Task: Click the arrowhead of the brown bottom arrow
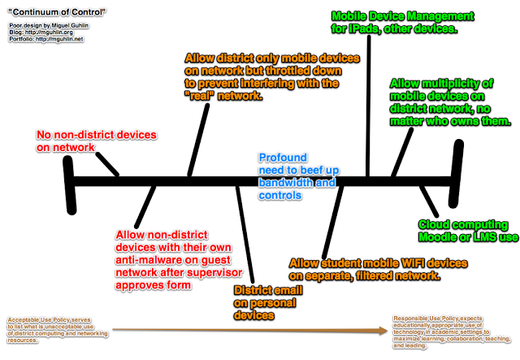(383, 331)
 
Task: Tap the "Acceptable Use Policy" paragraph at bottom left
(54, 329)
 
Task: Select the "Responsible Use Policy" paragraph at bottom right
(451, 332)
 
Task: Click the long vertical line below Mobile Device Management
(369, 106)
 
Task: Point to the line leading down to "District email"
(246, 236)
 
